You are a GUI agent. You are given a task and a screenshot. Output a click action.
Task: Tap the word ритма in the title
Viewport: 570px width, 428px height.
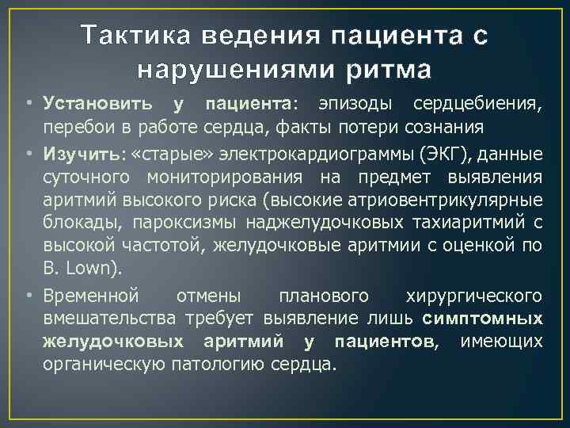tap(389, 70)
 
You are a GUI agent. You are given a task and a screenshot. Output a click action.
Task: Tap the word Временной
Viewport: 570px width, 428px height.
tap(92, 296)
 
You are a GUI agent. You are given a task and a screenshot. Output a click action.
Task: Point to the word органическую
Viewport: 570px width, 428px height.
tap(104, 365)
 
